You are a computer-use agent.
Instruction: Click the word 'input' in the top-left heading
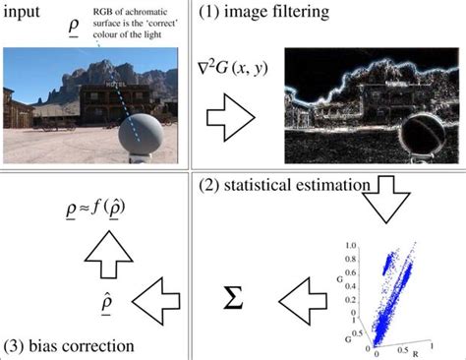22,15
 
